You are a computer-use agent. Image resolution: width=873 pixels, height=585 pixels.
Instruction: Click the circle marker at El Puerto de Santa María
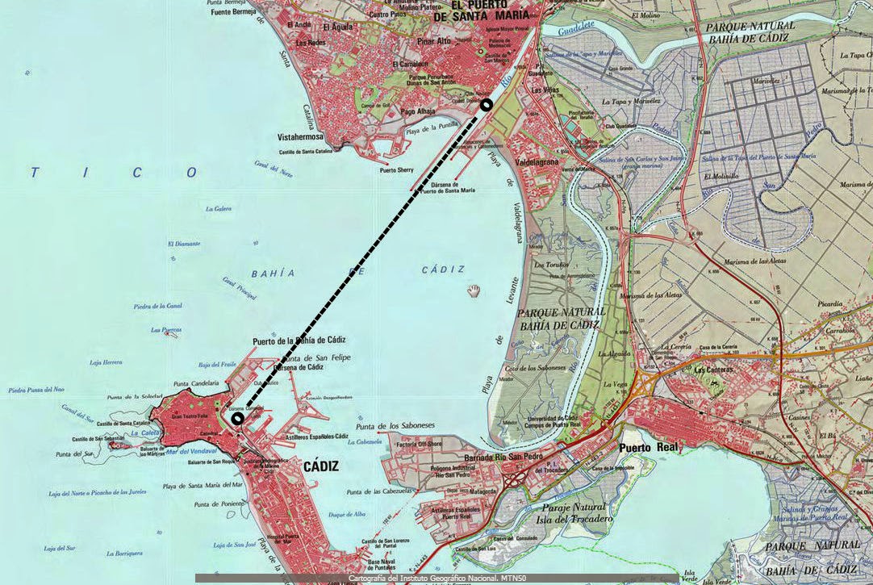pyautogui.click(x=486, y=105)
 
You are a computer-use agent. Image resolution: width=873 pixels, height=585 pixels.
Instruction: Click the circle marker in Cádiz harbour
pyautogui.click(x=237, y=419)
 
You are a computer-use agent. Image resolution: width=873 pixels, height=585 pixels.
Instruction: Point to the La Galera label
pyautogui.click(x=218, y=209)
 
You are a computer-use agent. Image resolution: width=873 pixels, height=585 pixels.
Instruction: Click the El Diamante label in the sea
pyautogui.click(x=184, y=244)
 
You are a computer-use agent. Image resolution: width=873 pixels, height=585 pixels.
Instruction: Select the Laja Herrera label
pyautogui.click(x=106, y=363)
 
